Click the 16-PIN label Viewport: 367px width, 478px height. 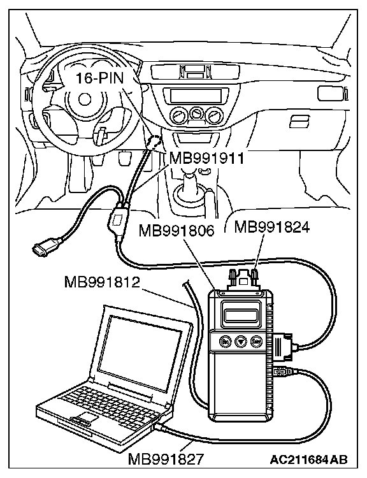tap(99, 78)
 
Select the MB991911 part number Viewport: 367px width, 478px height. tap(206, 158)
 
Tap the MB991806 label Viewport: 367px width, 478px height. tap(176, 231)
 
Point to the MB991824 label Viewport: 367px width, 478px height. tap(272, 227)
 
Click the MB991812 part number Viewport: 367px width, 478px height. tap(102, 282)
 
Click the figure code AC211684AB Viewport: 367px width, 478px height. tap(308, 459)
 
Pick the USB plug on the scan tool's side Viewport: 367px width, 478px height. tap(284, 372)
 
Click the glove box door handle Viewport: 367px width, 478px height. tap(299, 120)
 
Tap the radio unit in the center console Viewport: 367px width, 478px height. tap(195, 95)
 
